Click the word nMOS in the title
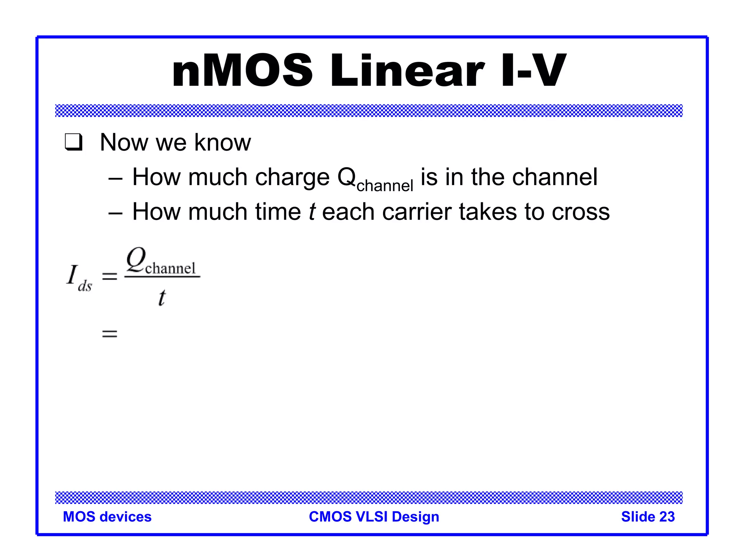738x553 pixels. (242, 71)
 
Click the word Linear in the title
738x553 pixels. (407, 71)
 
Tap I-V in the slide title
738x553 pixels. (533, 71)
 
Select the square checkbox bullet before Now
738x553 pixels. (74, 142)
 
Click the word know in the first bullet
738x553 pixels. (222, 142)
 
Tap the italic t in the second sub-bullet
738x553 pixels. (312, 212)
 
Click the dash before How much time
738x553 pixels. (115, 212)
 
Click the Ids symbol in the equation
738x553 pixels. (79, 277)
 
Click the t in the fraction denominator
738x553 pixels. (162, 298)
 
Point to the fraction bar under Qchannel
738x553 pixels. (162, 276)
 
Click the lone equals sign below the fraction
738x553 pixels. (110, 334)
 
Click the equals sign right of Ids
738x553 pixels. (110, 276)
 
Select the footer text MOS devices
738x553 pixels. (107, 517)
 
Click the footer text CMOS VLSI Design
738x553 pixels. (374, 517)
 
